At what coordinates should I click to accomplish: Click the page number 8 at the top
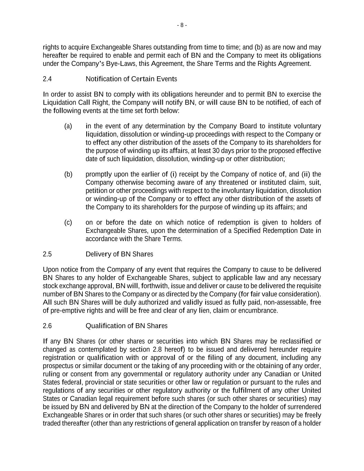[182, 25]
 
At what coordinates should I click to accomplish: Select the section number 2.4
[47, 79]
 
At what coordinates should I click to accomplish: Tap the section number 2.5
[47, 254]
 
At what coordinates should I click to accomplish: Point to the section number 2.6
[47, 326]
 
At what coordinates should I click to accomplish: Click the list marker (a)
[68, 126]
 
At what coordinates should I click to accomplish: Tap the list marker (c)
[68, 223]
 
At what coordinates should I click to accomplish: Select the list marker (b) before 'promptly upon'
[68, 174]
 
